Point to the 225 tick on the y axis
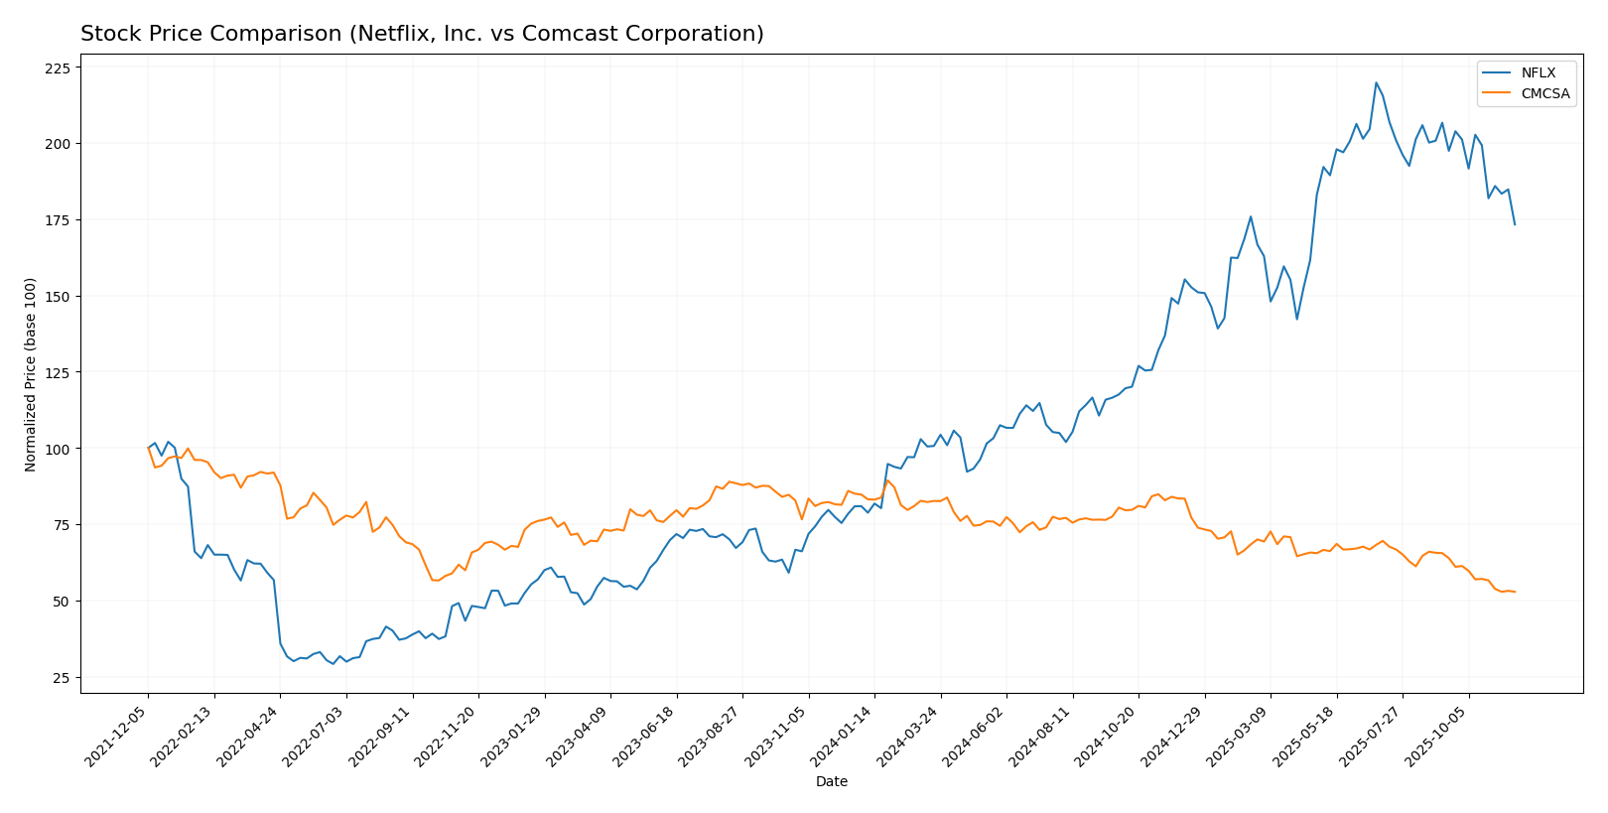pyautogui.click(x=58, y=68)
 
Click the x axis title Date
pyautogui.click(x=831, y=782)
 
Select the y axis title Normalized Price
pyautogui.click(x=31, y=374)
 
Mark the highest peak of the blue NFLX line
pyautogui.click(x=1376, y=82)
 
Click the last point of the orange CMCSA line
pyautogui.click(x=1515, y=592)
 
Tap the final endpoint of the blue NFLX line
pyautogui.click(x=1515, y=224)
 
